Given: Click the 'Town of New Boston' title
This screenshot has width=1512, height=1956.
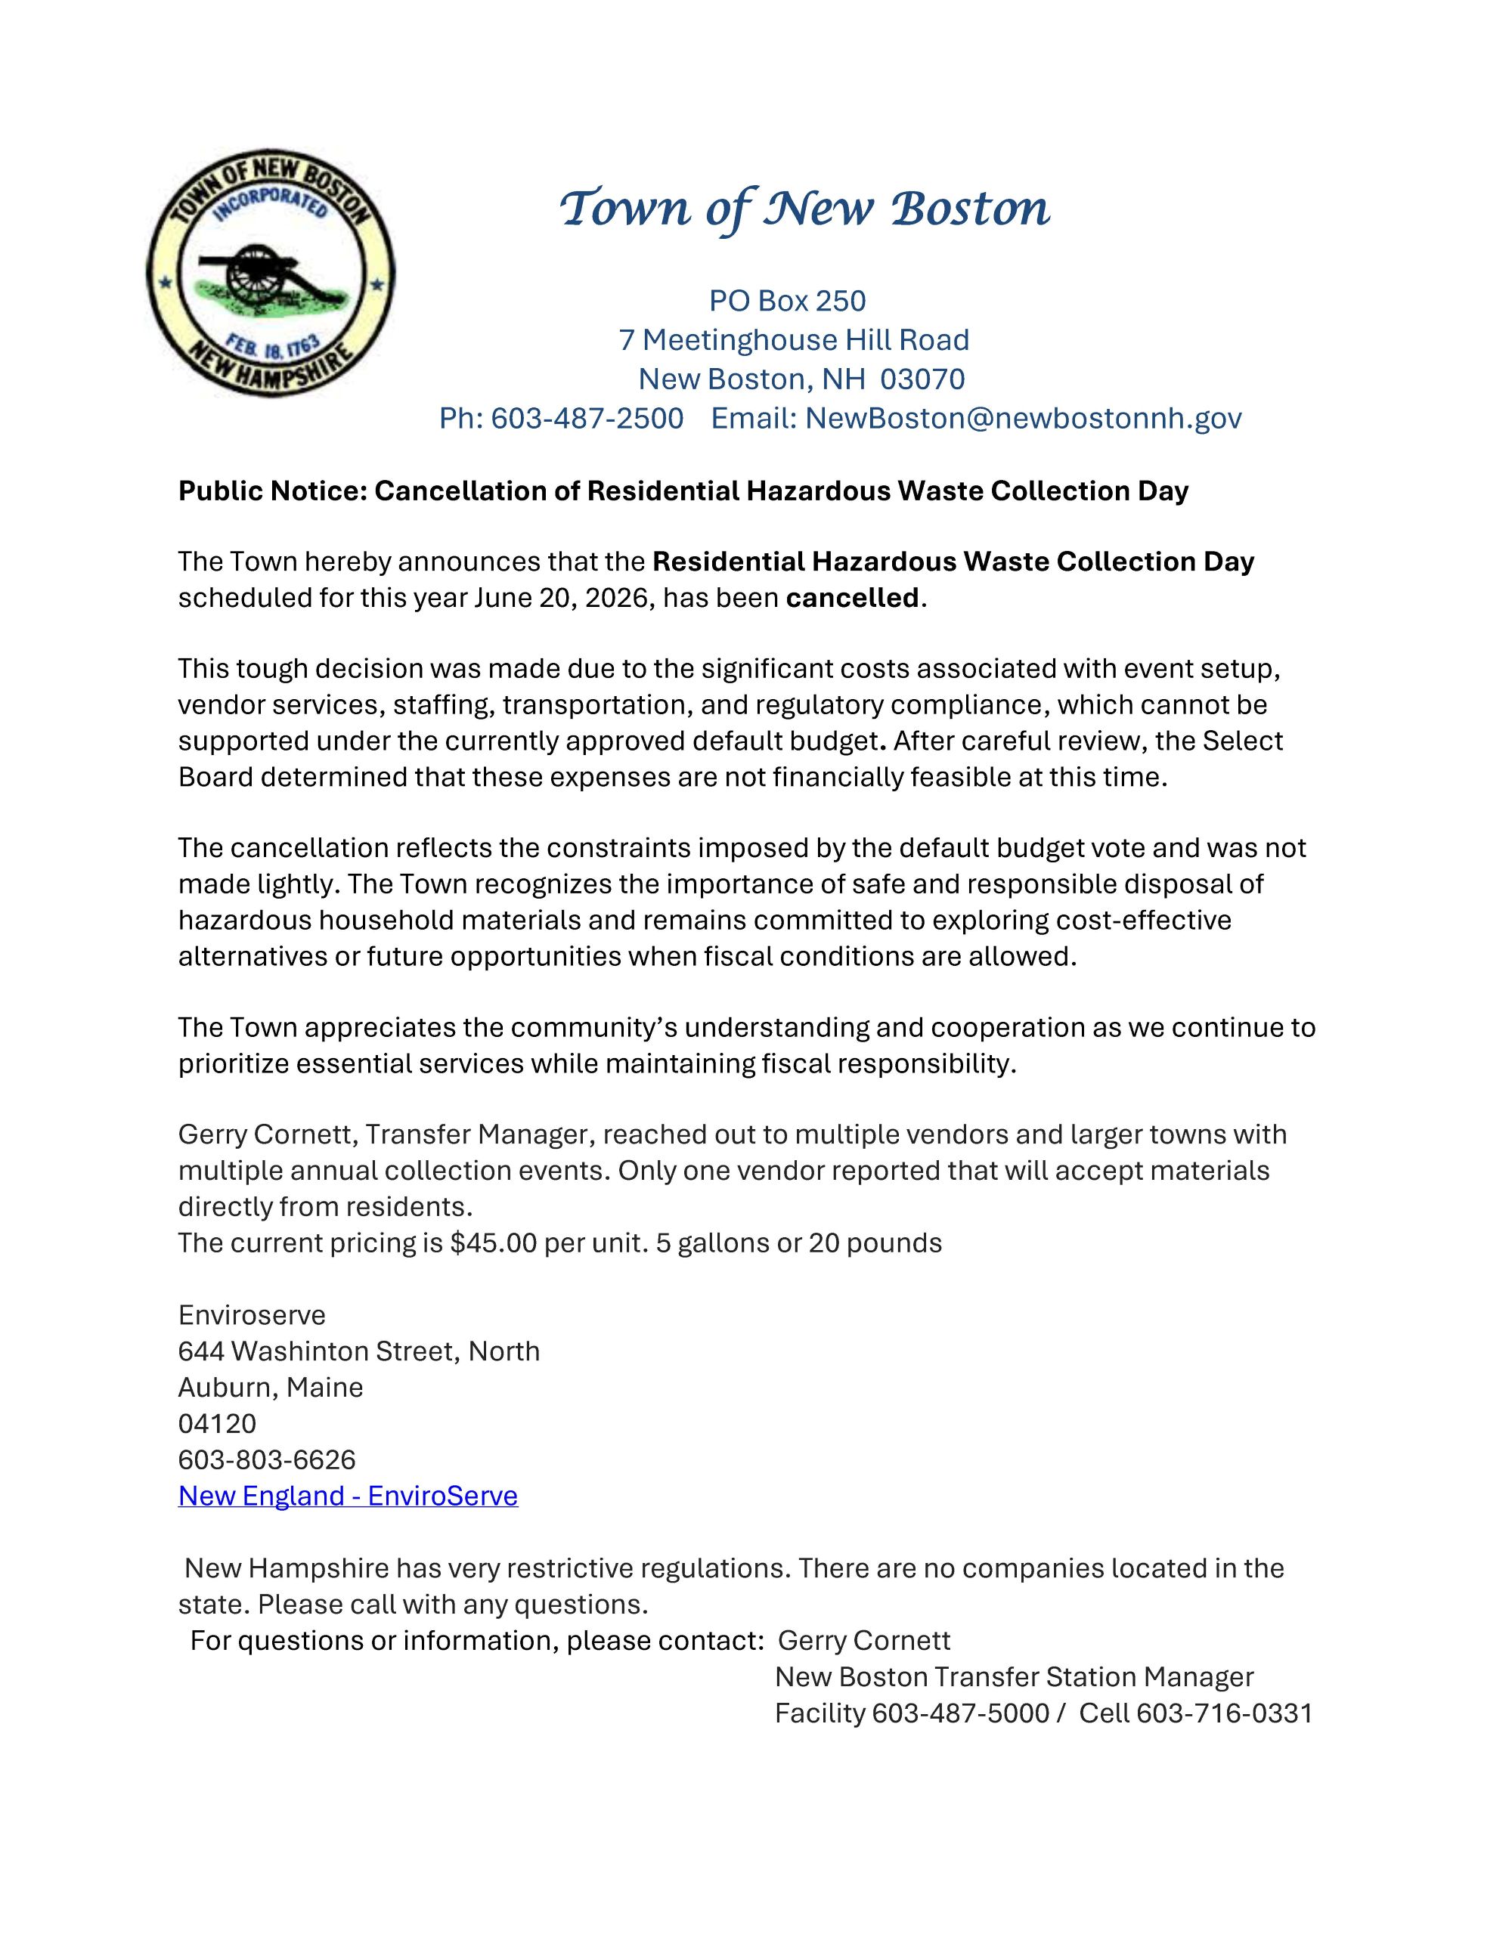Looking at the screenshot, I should [804, 209].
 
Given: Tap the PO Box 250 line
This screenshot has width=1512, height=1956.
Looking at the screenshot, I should [787, 301].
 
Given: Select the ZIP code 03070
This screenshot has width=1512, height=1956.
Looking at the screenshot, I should [922, 379].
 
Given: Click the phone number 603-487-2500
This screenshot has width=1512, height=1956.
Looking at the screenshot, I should [587, 418].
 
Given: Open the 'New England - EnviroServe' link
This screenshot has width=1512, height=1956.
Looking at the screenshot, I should [348, 1496].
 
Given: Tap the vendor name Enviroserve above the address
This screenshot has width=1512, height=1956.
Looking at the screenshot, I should [252, 1315].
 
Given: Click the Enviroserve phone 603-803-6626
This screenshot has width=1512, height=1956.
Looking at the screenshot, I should [267, 1460].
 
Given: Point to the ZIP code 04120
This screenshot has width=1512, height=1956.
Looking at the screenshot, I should [217, 1423].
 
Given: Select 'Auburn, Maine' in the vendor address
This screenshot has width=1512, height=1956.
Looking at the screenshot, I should [271, 1388].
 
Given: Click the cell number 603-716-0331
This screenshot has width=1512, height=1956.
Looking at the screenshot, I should [1223, 1713].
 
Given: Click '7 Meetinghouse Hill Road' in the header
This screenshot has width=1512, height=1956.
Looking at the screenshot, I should [794, 340].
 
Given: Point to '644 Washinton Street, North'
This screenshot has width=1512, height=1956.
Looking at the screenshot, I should [358, 1351].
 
